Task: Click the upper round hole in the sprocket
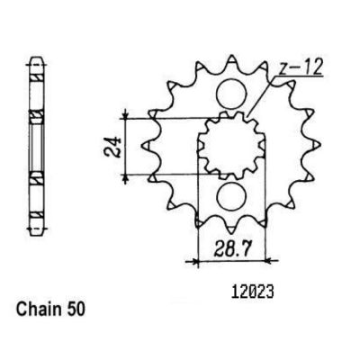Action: click(x=231, y=94)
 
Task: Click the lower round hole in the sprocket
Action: click(x=231, y=196)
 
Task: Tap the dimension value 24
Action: click(x=112, y=148)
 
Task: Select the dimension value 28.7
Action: click(x=231, y=248)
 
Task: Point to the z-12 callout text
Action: click(x=300, y=67)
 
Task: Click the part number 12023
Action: click(x=253, y=292)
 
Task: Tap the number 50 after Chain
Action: click(x=74, y=309)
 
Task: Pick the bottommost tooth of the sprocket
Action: click(x=231, y=229)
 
